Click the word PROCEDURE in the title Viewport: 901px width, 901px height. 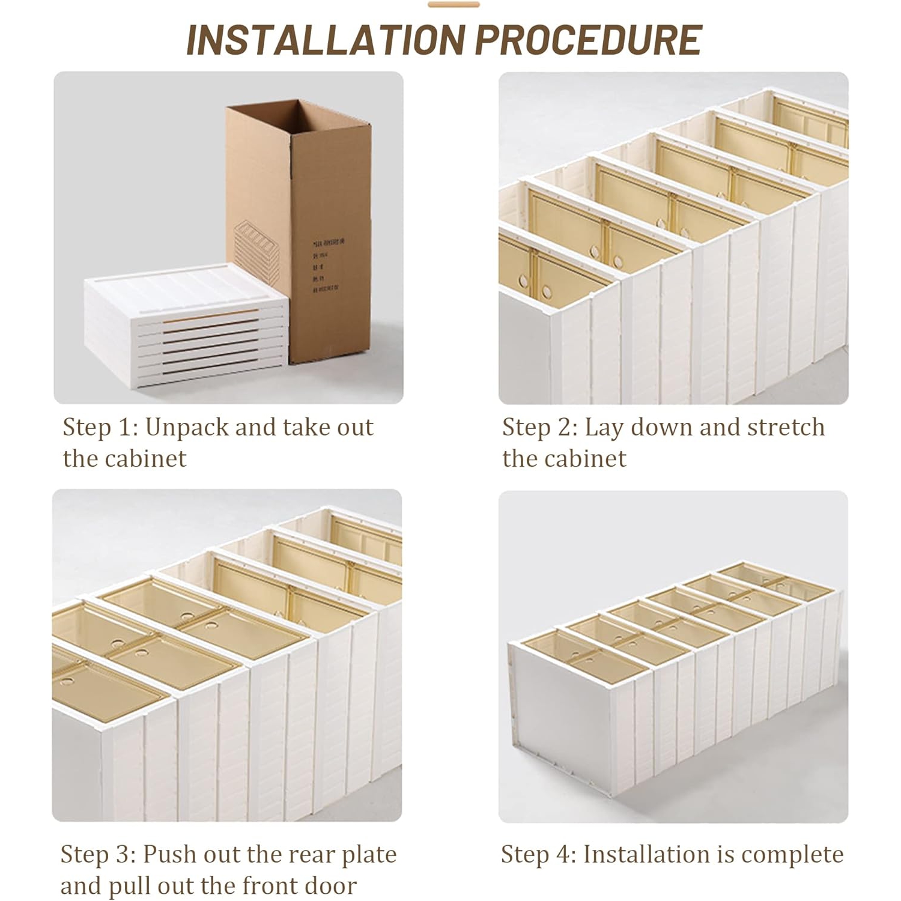click(x=589, y=40)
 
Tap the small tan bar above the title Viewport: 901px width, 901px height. click(x=454, y=5)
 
